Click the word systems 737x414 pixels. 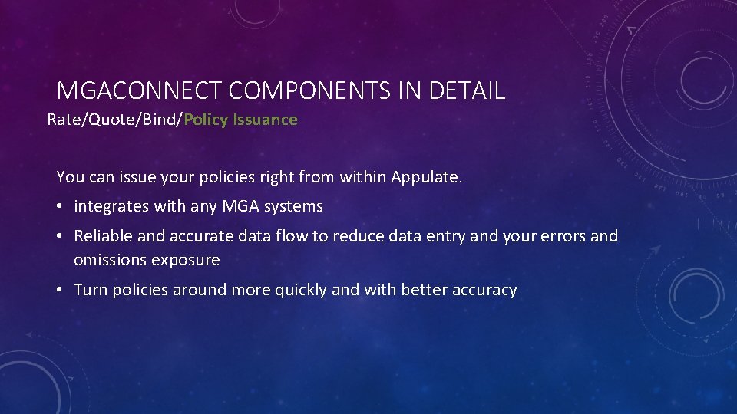click(296, 207)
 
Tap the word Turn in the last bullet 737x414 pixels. click(91, 290)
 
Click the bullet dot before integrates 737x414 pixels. click(61, 207)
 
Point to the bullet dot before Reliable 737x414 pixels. click(61, 237)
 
